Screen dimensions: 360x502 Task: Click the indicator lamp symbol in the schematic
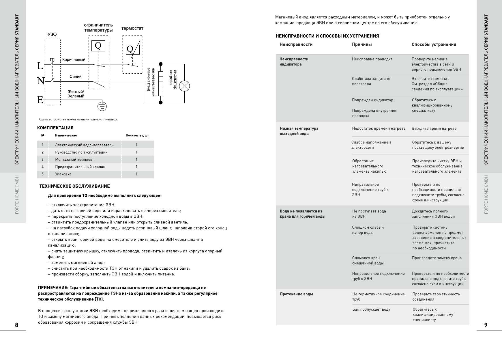[184, 86]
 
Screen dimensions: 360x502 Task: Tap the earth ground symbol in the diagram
[102, 107]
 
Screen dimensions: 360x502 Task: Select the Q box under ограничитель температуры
[98, 46]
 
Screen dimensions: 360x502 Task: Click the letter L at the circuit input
[40, 66]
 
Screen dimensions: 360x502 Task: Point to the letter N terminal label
[41, 81]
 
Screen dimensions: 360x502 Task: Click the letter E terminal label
[40, 100]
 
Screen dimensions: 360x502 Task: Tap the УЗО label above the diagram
[52, 34]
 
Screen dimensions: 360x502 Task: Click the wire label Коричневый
[74, 60]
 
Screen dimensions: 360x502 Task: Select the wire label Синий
[76, 77]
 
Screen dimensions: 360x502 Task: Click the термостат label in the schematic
[132, 28]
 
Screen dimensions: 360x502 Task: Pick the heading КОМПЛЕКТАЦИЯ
[55, 128]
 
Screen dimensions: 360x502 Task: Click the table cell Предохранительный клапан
[80, 167]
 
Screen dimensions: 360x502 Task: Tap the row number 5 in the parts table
[42, 174]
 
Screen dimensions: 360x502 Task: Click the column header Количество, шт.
[138, 135]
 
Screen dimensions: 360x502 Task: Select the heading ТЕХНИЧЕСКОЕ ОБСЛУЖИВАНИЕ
[74, 186]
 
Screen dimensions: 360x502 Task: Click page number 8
[17, 325]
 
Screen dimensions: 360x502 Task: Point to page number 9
[486, 325]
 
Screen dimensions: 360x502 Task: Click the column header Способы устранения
[434, 44]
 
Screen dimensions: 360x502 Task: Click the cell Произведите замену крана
[437, 258]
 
